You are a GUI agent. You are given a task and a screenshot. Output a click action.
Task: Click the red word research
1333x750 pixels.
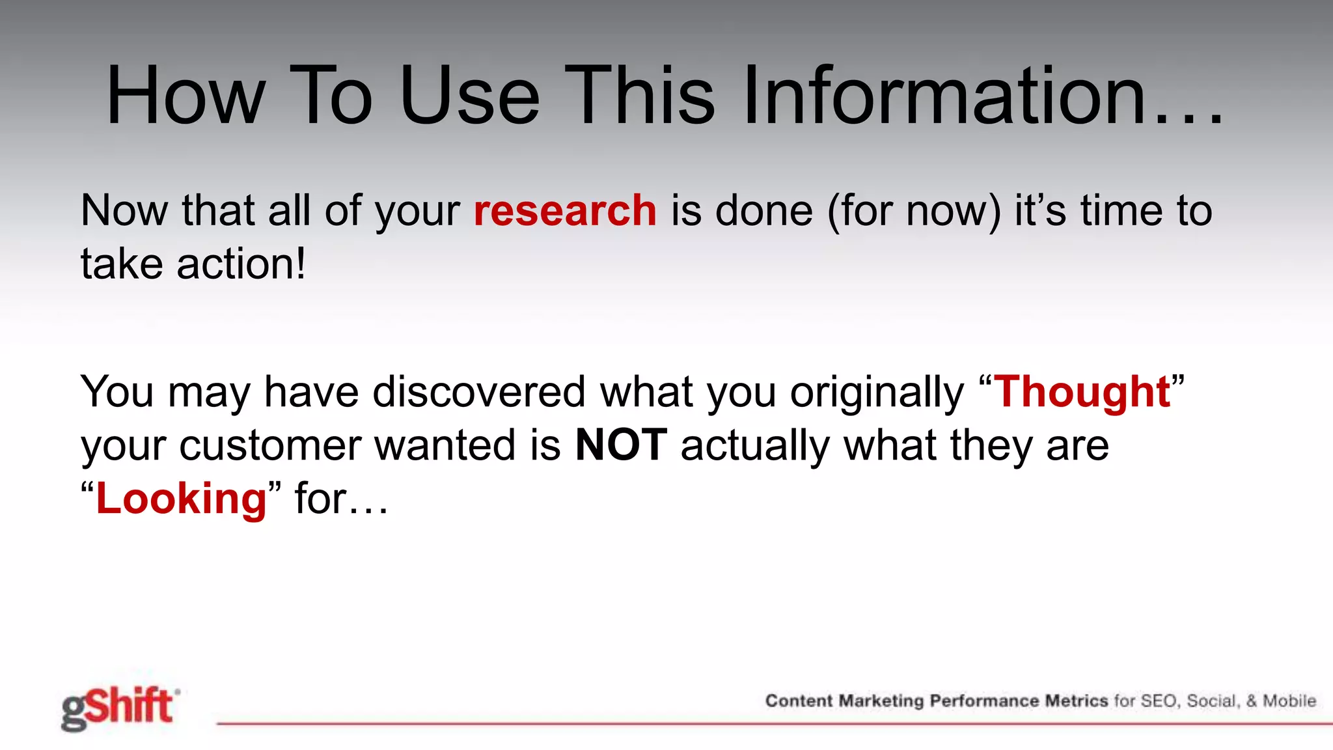coord(565,211)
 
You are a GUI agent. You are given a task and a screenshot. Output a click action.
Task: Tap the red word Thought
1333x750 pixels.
coord(1082,392)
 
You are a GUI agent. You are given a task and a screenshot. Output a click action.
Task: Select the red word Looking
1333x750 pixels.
coord(181,499)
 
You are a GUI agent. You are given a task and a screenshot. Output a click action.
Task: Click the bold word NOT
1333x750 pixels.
coord(621,445)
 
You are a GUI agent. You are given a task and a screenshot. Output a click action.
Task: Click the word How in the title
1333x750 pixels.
coord(186,96)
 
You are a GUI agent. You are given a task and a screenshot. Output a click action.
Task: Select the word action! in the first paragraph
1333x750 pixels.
coord(241,264)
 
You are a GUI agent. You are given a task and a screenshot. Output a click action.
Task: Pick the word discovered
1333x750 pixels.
coord(479,392)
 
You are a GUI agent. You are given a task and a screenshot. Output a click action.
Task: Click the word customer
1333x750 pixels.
coord(269,445)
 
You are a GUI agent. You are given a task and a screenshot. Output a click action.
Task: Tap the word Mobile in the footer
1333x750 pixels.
coord(1289,701)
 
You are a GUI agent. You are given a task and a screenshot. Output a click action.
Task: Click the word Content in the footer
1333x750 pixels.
coord(799,701)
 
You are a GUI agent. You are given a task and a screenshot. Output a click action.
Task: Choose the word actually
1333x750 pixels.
coord(755,445)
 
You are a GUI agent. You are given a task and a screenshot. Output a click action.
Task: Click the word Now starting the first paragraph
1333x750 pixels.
coord(124,211)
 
